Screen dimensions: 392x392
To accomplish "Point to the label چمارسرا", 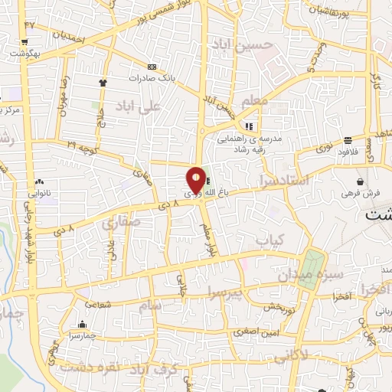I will pyautogui.click(x=82, y=335).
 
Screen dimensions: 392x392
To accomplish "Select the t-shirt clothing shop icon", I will pyautogui.click(x=103, y=81).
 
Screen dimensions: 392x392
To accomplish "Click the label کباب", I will pyautogui.click(x=269, y=241).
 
